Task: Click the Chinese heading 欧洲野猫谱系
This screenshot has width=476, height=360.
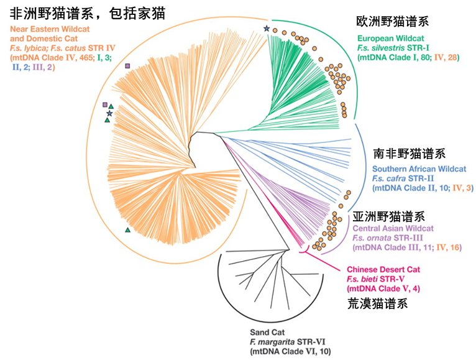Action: tap(393, 22)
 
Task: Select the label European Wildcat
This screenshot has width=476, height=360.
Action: tap(390, 39)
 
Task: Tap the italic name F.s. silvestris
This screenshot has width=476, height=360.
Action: tap(381, 48)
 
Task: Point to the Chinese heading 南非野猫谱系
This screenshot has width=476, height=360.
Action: tap(410, 154)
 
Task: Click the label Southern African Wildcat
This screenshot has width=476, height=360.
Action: tap(419, 169)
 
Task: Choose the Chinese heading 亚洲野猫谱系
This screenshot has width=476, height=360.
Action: tap(388, 216)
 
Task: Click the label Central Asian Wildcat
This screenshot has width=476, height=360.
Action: tap(393, 228)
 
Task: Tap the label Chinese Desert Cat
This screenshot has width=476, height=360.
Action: tap(383, 269)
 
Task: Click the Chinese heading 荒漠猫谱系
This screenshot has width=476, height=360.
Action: tap(377, 303)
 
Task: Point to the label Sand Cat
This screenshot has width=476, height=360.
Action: tap(267, 333)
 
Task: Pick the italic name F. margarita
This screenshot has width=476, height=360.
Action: tap(272, 342)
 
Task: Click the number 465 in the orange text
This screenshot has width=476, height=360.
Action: tap(86, 57)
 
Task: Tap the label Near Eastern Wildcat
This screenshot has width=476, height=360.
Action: tap(50, 29)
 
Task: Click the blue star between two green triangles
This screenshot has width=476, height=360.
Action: tap(109, 114)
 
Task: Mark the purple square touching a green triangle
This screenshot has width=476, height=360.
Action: tap(105, 105)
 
